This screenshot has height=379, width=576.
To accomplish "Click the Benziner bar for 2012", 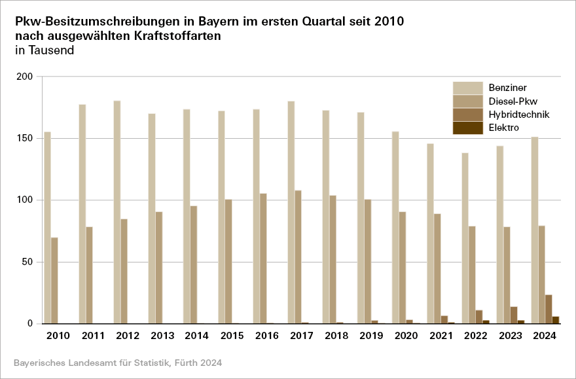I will [117, 212].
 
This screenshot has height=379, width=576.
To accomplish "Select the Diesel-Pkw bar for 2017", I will [298, 257].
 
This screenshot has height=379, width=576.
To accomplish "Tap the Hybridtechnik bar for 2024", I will [549, 309].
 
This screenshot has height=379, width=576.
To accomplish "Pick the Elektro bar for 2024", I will [556, 320].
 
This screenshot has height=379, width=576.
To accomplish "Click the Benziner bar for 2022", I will [465, 238].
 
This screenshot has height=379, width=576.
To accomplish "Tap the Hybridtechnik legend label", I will [518, 115].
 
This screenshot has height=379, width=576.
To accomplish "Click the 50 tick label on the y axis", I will [27, 262].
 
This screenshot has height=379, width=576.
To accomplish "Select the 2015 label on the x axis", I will [232, 336].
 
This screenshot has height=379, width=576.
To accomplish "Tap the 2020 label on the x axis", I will [406, 336].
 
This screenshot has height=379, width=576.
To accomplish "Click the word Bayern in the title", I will [197, 21].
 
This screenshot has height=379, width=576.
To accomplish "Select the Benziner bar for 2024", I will [534, 230].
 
